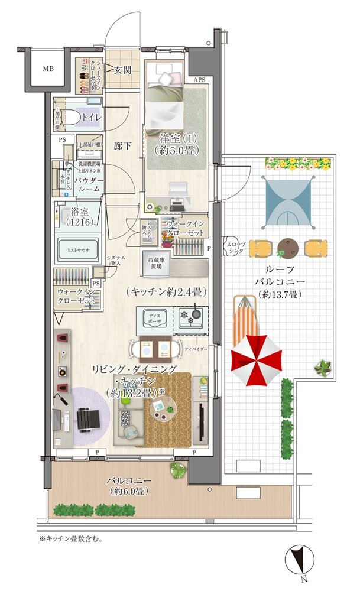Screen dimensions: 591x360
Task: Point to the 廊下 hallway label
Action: pos(122,145)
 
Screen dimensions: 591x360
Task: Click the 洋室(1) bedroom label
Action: pos(176,143)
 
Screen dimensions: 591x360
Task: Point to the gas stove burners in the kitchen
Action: pos(190,317)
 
